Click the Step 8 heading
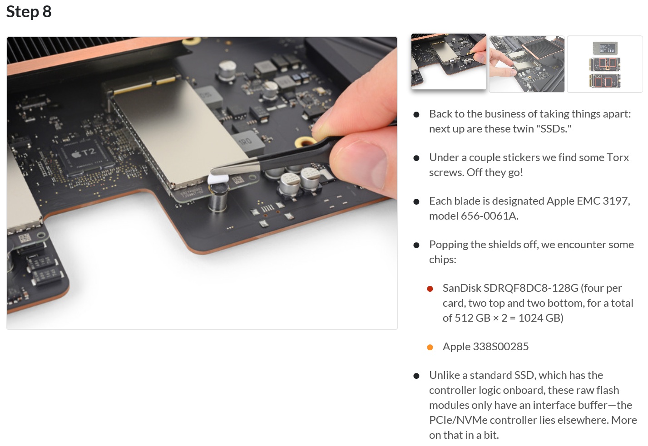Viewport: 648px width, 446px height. coord(29,11)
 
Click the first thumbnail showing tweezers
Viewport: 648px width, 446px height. coord(449,61)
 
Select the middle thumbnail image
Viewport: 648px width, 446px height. coord(526,64)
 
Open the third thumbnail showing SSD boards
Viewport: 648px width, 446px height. coord(604,64)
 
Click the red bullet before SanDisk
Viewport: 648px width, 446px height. coord(430,289)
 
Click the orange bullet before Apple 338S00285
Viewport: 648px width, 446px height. coord(430,347)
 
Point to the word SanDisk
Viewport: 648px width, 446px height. coord(461,288)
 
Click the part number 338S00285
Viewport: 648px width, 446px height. coord(500,347)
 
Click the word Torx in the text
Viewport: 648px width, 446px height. coord(618,157)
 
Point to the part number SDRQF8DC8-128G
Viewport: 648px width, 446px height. coord(531,288)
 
